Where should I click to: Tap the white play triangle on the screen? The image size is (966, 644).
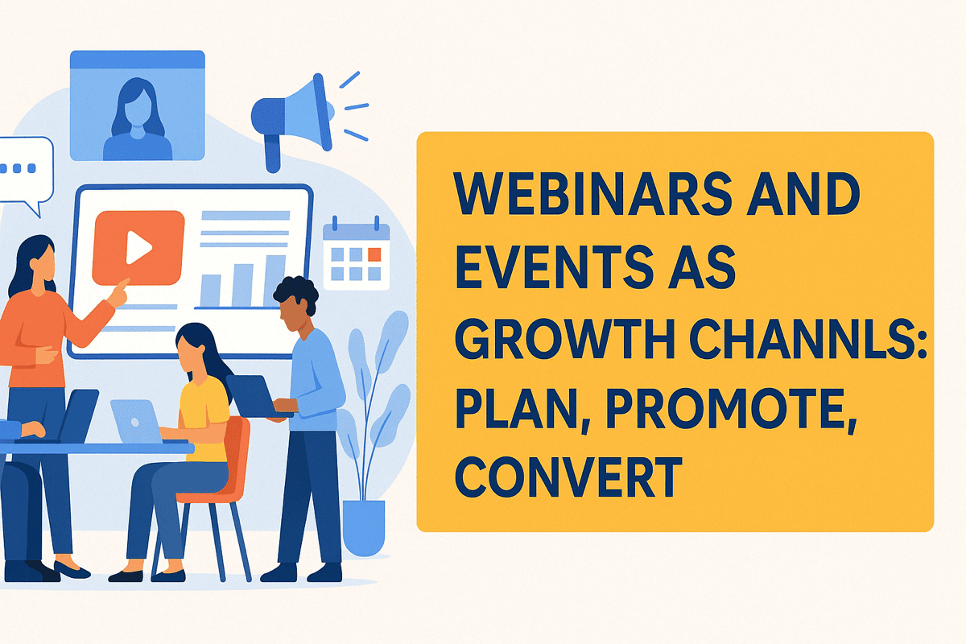(x=138, y=248)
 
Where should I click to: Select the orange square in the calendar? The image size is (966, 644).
(x=374, y=254)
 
